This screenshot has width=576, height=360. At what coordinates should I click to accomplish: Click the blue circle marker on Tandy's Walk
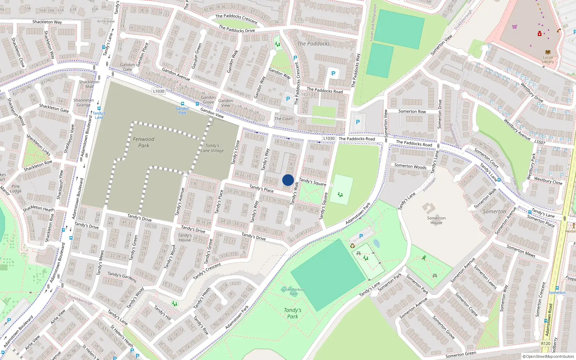click(288, 180)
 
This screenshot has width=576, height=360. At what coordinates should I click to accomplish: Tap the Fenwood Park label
click(144, 142)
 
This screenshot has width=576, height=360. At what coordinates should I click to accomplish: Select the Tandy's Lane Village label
click(212, 148)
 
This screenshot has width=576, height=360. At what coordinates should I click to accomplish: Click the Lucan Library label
click(548, 59)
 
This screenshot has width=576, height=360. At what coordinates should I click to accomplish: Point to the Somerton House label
click(436, 220)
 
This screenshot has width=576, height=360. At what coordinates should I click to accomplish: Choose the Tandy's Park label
click(292, 313)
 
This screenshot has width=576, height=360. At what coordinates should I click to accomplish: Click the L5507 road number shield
click(540, 143)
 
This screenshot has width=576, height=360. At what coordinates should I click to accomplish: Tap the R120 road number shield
click(545, 343)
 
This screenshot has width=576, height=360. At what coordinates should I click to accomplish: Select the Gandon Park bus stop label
click(183, 110)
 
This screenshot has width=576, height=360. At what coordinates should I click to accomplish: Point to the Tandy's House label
click(185, 238)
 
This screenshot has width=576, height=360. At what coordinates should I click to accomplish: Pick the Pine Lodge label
click(15, 189)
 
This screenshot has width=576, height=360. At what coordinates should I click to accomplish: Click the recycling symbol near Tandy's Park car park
click(352, 246)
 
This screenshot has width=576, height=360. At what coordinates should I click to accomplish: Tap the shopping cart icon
click(515, 27)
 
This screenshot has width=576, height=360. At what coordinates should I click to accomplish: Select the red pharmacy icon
click(540, 34)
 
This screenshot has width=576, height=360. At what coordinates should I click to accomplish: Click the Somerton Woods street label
click(410, 166)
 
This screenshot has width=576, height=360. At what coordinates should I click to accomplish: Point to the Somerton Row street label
click(412, 112)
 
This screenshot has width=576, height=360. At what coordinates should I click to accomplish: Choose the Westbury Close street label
click(548, 180)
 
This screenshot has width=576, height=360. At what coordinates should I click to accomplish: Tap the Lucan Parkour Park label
click(293, 292)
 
